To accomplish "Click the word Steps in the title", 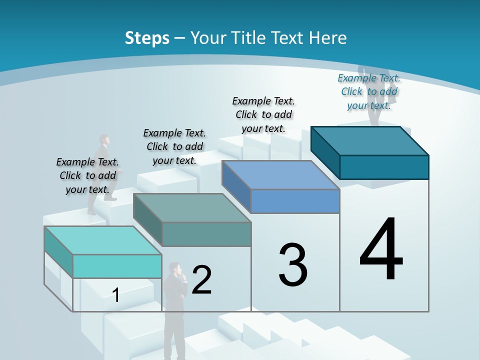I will (147, 38).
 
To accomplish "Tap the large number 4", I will (381, 250).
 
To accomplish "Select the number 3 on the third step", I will (293, 265).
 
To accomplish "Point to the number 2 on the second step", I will (202, 280).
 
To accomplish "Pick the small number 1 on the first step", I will (116, 295).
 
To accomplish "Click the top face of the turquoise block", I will (102, 240).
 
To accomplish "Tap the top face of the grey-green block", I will (192, 207).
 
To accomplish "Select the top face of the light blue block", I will (280, 175).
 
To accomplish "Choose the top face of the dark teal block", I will (370, 141).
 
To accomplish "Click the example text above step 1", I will (87, 175).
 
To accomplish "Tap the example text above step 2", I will (174, 146).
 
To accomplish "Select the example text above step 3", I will (263, 114).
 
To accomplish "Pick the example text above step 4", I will (369, 91).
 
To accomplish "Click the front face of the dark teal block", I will (384, 167).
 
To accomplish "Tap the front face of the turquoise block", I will (117, 266).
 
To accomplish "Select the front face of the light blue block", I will (295, 201).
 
